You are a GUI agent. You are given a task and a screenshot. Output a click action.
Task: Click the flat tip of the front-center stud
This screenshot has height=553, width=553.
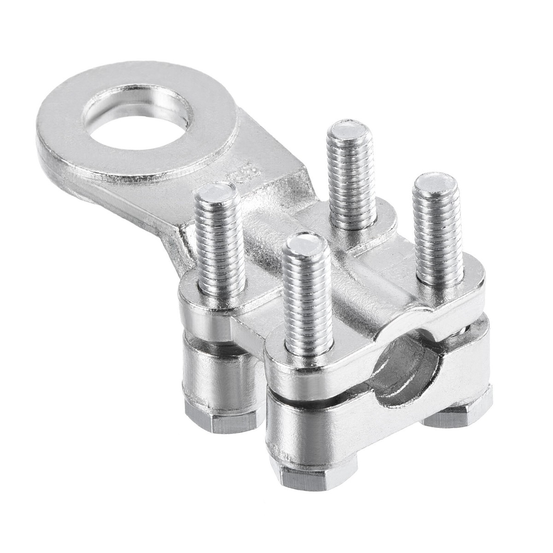point(303,245)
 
